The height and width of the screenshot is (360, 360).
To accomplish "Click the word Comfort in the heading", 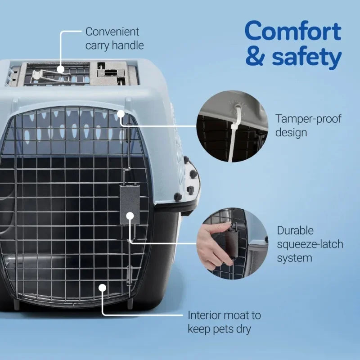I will coord(292,31).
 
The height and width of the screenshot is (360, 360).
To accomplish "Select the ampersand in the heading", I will coord(255,58).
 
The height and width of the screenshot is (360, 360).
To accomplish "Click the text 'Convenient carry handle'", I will coord(114,38).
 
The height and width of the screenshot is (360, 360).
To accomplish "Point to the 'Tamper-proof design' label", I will coord(308,126).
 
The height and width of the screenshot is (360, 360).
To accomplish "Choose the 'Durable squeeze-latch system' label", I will coord(310,244).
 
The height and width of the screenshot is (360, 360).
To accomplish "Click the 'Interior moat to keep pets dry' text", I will coord(224,322).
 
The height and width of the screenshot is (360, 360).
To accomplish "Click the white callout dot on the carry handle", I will coord(60,69).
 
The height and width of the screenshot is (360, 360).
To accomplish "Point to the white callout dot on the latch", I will coord(130,216).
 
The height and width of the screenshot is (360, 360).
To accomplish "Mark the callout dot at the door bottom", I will coord(103,287).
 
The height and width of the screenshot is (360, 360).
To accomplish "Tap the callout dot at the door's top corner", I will coord(121,114).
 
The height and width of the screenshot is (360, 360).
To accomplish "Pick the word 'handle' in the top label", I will coord(128,45).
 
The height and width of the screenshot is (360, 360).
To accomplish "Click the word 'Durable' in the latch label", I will coord(295,231).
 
